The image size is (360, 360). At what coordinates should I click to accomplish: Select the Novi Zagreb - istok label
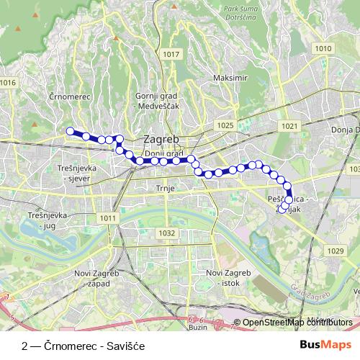228,277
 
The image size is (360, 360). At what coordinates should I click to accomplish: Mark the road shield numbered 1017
171,54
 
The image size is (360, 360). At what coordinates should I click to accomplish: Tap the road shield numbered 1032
167,233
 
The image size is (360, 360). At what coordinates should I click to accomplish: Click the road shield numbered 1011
108,218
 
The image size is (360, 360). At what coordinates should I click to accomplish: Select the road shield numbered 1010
323,48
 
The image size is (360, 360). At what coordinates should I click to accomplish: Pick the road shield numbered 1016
8,83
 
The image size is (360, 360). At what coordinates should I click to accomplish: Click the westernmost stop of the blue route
71,131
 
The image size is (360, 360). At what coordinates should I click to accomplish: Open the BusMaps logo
325,345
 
